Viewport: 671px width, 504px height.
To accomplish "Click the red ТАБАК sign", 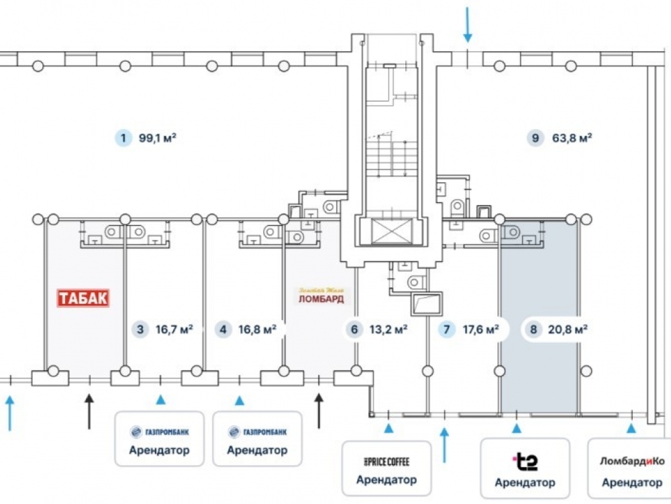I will [83, 298].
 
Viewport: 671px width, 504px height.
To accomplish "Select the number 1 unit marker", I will [123, 139].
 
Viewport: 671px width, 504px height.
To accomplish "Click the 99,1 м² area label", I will [158, 139].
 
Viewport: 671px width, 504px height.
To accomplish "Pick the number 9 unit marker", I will [535, 139].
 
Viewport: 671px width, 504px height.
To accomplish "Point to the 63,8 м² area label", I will [571, 139].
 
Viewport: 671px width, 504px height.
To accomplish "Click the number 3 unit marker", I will [140, 330].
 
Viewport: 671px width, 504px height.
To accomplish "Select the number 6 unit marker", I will [353, 330].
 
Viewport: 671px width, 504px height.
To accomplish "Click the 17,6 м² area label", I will [480, 330].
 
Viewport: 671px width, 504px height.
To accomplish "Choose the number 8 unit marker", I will [533, 330].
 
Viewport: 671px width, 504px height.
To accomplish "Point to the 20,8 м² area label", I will [568, 330].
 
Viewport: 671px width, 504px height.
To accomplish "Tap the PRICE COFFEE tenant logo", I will [386, 462].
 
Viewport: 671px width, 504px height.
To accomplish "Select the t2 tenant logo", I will [525, 462].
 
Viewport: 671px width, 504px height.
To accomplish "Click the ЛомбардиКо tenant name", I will [631, 462].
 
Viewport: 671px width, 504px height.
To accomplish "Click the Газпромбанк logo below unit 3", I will [159, 432].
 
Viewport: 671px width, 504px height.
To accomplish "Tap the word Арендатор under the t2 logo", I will [525, 482].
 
